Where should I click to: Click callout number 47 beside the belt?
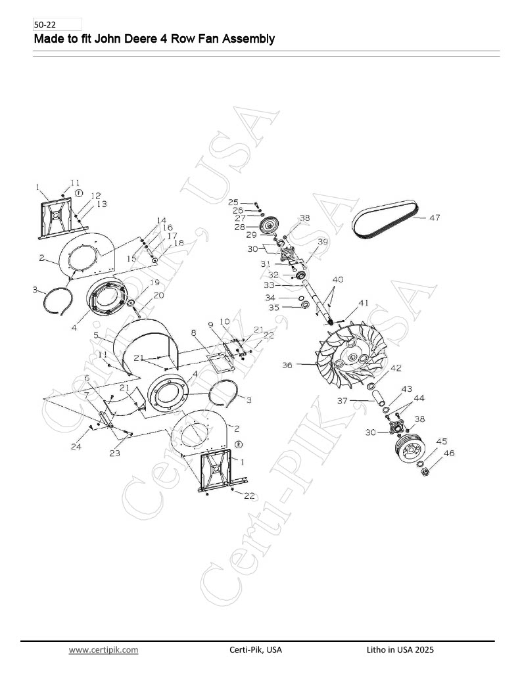pos(435,218)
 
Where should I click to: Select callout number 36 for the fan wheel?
pos(287,365)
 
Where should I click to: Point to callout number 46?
pos(449,453)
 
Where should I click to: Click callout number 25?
pos(233,202)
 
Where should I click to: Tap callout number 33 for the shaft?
pos(269,285)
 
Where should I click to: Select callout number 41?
pos(364,303)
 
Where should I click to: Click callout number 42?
pos(396,368)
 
